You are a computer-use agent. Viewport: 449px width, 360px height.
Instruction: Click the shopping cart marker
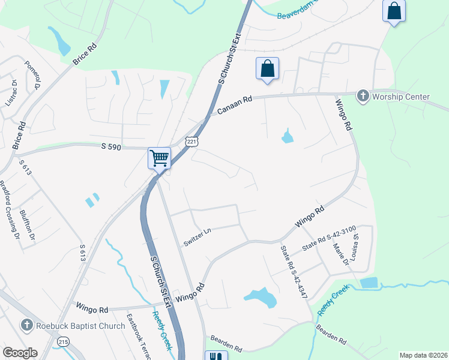tap(159, 158)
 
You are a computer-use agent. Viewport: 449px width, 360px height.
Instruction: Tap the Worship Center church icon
tap(363, 96)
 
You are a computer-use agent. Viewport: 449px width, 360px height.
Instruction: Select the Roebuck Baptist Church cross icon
tap(26, 325)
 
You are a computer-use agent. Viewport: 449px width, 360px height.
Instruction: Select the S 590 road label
tap(112, 146)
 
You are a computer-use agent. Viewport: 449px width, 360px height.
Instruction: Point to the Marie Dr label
tap(345, 257)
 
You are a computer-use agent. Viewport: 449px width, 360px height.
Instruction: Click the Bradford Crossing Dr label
tap(8, 207)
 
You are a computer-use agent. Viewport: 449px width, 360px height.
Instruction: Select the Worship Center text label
tap(401, 97)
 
